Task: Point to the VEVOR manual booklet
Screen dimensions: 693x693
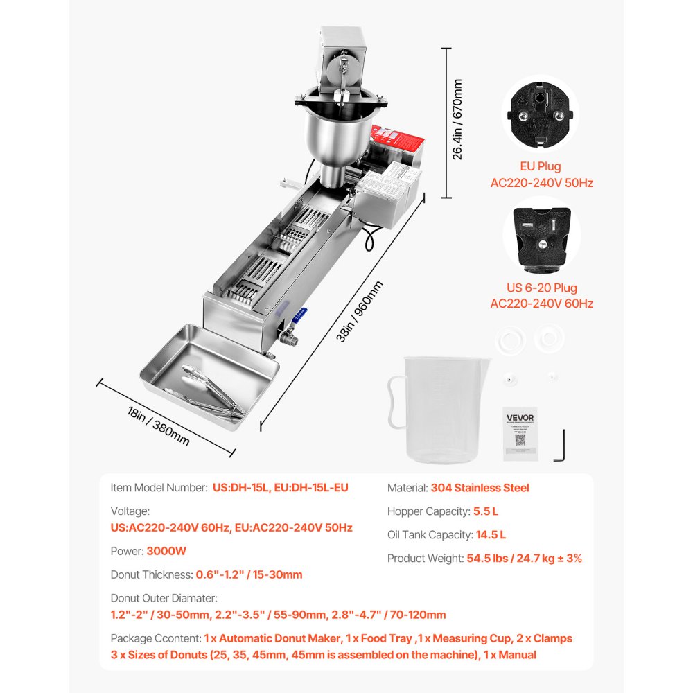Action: (x=520, y=433)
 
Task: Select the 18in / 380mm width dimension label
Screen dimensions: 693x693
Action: (x=158, y=426)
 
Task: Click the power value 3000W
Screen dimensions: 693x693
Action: (x=166, y=552)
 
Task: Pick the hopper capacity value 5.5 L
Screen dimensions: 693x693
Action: (x=486, y=511)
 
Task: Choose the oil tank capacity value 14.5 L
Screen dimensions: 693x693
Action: (x=491, y=534)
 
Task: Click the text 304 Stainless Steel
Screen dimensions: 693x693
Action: (x=480, y=488)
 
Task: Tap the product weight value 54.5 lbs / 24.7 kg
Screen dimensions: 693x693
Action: (x=525, y=558)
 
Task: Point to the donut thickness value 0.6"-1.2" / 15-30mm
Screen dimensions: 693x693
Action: (x=248, y=574)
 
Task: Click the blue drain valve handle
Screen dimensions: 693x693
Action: (x=299, y=313)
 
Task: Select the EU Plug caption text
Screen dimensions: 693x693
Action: (x=540, y=166)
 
